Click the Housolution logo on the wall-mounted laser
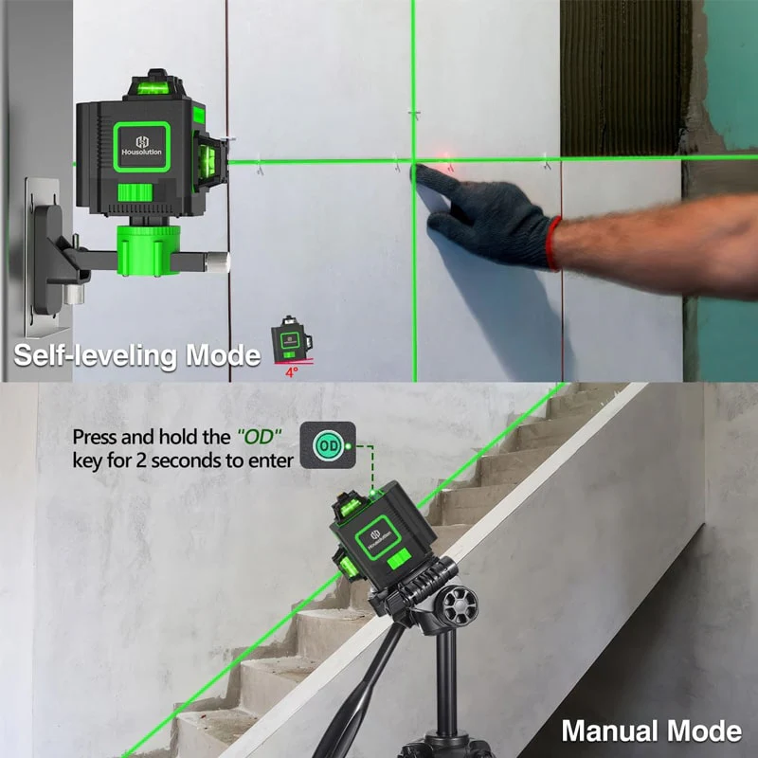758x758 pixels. [x=141, y=146]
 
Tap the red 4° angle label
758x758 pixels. [x=292, y=371]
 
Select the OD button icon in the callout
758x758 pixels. [x=328, y=444]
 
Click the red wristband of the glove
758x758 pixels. [x=553, y=244]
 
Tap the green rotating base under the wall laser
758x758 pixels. [x=149, y=250]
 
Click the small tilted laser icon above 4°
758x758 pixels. [x=291, y=340]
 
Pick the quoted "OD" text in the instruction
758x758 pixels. [x=259, y=437]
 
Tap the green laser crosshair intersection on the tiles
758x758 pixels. [x=414, y=160]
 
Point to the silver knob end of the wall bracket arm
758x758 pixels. [x=217, y=262]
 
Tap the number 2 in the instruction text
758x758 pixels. [x=140, y=460]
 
